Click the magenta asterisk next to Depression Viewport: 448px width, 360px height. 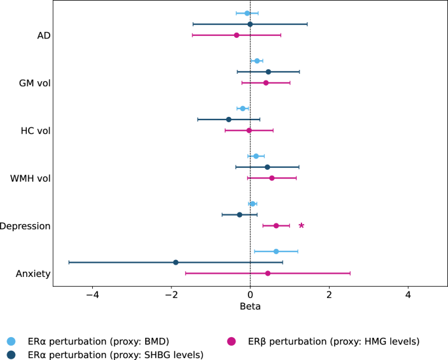302,226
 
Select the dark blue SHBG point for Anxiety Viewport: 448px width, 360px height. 175,262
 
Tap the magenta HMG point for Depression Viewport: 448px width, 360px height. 276,225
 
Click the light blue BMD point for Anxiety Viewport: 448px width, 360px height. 276,252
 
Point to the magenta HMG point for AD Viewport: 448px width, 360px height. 236,35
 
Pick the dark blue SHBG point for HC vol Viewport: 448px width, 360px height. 228,120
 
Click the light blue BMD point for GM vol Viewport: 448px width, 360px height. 257,61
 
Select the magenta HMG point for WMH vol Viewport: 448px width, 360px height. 272,178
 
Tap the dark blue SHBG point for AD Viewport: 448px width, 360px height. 250,24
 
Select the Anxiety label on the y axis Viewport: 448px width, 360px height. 33,274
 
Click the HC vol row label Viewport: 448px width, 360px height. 36,131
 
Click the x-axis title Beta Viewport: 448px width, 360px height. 250,306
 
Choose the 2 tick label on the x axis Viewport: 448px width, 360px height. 329,294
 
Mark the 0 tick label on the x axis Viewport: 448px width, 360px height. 250,294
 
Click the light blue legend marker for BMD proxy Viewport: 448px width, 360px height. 10,341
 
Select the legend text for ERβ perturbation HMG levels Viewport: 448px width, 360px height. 334,341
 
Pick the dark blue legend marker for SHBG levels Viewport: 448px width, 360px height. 10,354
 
